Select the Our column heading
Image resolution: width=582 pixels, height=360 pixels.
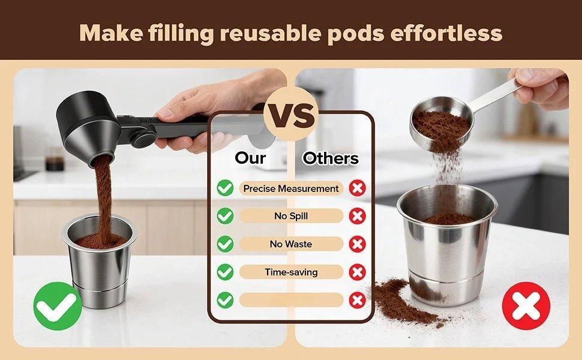(x=250, y=158)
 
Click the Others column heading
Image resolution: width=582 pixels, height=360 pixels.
(x=331, y=158)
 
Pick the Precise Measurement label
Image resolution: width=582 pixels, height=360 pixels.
(x=291, y=188)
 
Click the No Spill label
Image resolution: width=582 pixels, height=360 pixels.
(x=291, y=216)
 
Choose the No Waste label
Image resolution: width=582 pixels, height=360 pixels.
(x=291, y=244)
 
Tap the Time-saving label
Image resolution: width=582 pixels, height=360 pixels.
(x=291, y=272)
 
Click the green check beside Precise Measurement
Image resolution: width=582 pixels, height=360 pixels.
(x=225, y=188)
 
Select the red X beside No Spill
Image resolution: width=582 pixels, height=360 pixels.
(x=358, y=216)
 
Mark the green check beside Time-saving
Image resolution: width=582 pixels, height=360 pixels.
(x=225, y=272)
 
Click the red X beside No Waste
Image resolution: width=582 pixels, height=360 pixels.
(x=358, y=244)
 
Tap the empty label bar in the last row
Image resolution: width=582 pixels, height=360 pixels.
(x=291, y=300)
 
